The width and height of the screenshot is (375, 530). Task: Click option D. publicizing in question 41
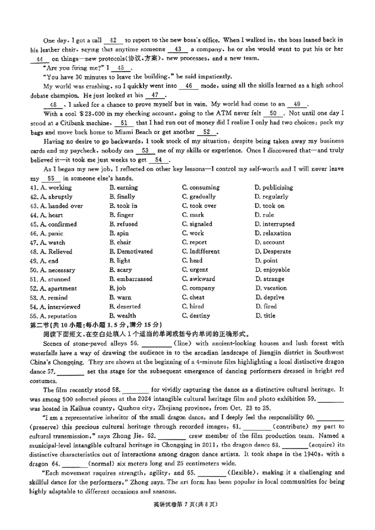click(273, 188)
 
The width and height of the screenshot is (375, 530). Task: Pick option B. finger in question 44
click(120, 215)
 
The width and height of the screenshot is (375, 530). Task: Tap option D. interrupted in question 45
click(274, 224)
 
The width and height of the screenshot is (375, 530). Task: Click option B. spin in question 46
click(119, 233)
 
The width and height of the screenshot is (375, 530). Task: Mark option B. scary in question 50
click(120, 270)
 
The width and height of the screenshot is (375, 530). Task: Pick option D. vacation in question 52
click(270, 288)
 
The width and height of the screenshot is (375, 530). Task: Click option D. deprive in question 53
click(269, 297)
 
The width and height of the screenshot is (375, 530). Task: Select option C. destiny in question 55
click(196, 316)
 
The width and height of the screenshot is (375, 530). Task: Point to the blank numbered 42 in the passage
click(115, 40)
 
